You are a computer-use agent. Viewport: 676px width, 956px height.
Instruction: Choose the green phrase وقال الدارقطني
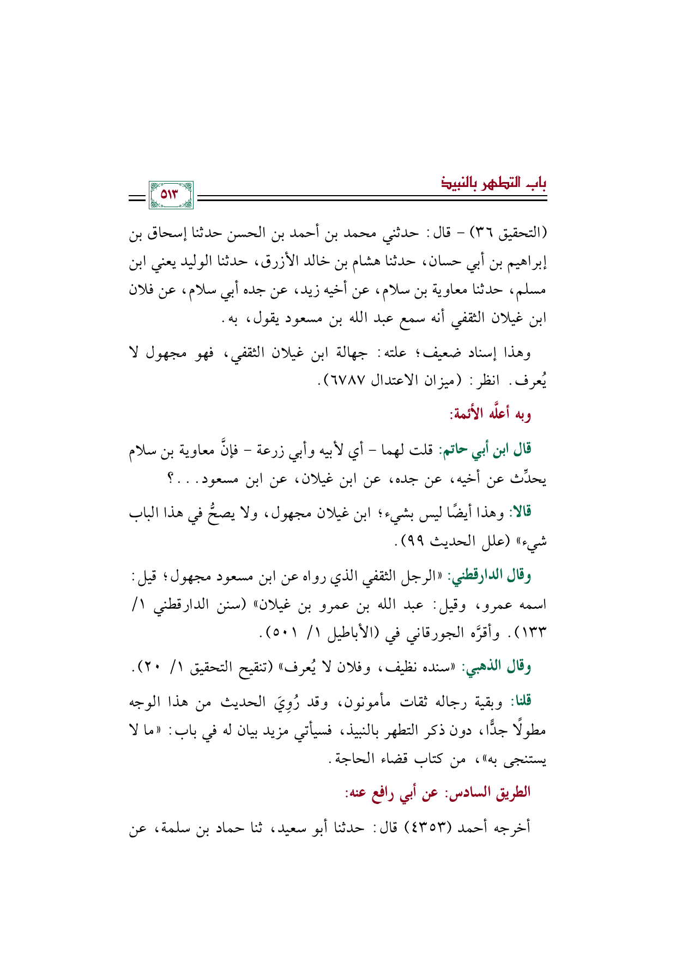pos(488,576)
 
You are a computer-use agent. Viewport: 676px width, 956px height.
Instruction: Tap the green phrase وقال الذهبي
pos(496,667)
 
